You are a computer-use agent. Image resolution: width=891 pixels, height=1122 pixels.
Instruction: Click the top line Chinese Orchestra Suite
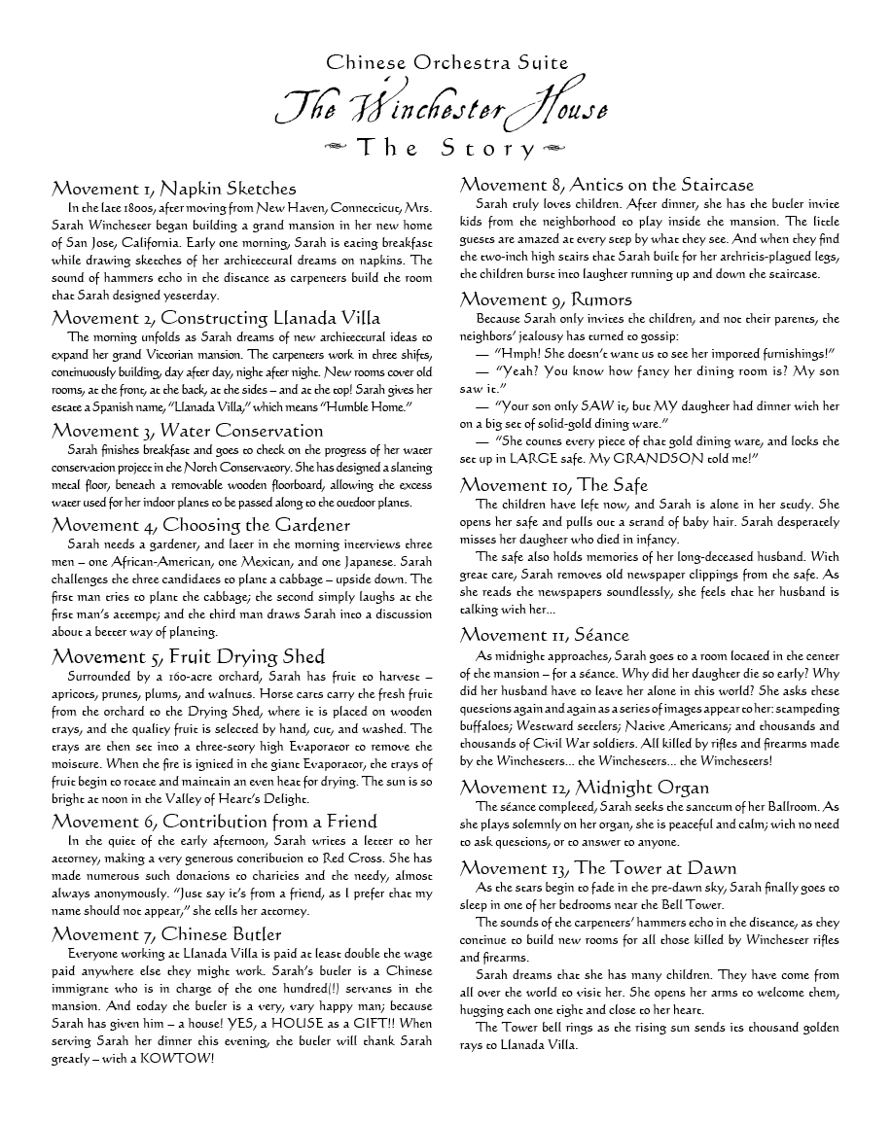(x=446, y=63)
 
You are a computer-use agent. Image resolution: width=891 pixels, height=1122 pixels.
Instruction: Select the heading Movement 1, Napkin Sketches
(x=174, y=188)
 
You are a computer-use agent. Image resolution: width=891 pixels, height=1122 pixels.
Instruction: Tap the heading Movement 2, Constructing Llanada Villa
(x=216, y=318)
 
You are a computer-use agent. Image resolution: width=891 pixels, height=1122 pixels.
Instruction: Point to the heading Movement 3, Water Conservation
(x=188, y=431)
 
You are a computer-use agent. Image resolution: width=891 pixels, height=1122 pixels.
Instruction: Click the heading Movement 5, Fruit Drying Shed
(x=189, y=656)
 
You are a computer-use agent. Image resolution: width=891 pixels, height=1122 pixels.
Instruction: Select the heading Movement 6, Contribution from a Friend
(x=215, y=822)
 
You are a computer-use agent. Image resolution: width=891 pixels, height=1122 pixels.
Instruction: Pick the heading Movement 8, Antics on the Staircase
(x=607, y=185)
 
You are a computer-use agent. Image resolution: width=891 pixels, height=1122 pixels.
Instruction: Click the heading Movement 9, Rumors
(x=546, y=298)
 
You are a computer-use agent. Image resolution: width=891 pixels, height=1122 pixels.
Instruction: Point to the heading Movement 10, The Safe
(x=553, y=485)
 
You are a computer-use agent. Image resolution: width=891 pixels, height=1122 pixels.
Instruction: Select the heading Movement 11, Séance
(x=545, y=635)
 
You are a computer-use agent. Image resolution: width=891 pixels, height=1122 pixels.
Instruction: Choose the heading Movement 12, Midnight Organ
(x=585, y=787)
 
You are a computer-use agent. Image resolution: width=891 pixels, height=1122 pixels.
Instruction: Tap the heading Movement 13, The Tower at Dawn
(x=598, y=868)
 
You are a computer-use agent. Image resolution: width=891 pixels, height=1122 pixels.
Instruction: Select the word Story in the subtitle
(x=488, y=149)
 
